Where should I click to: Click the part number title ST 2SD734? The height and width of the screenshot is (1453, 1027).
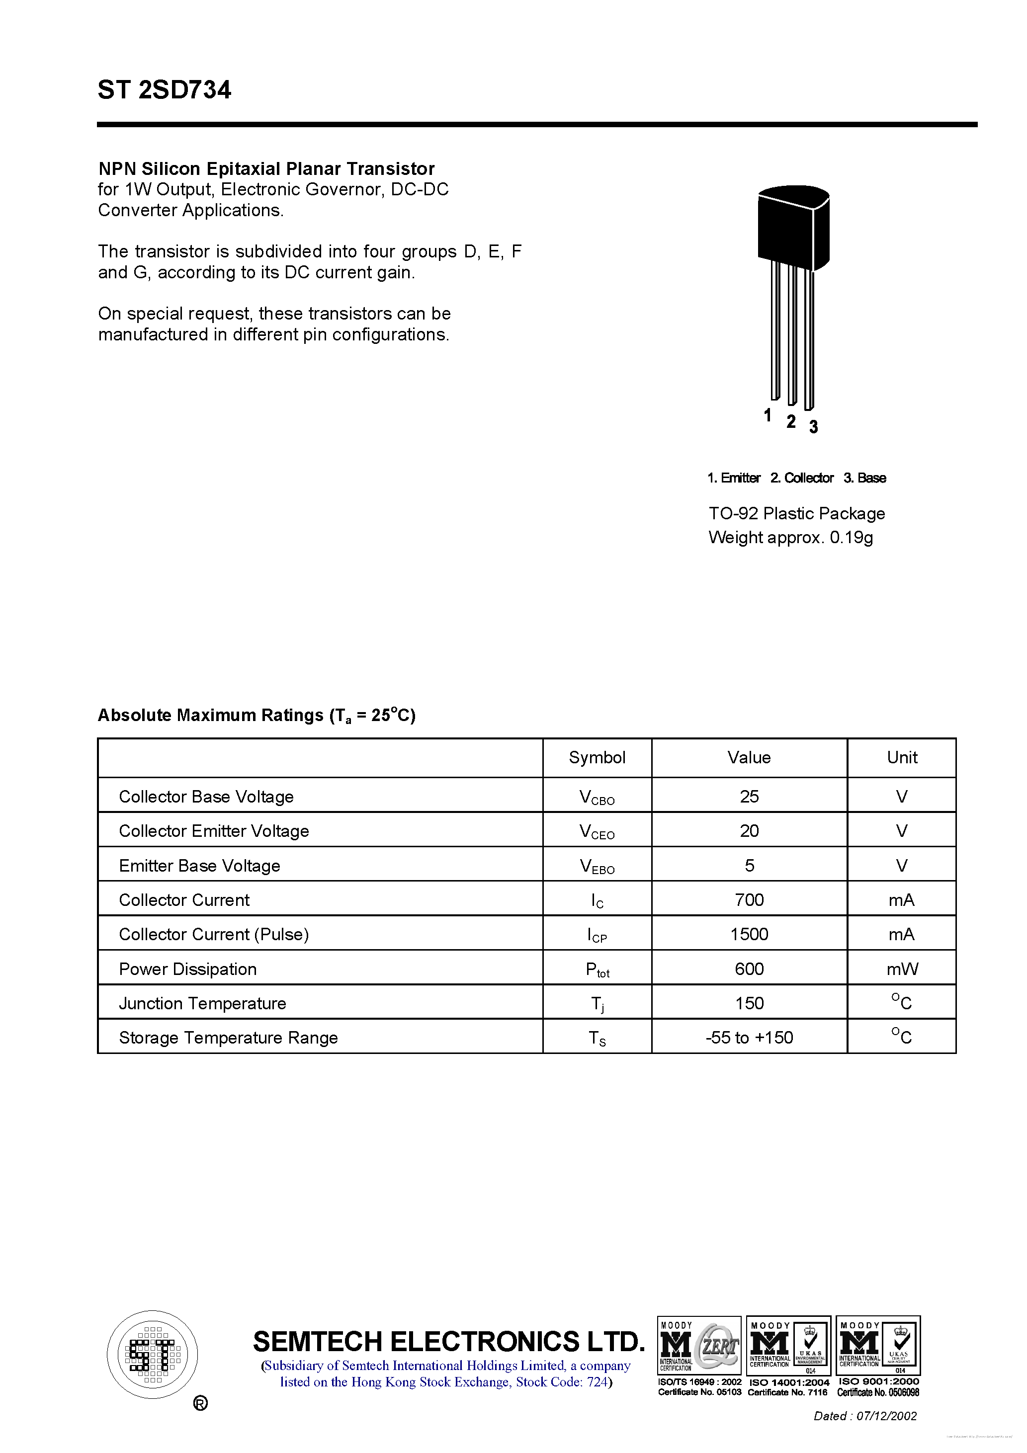[164, 90]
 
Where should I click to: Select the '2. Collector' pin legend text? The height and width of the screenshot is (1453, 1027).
[802, 478]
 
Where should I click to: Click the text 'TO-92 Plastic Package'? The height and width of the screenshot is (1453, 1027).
[796, 513]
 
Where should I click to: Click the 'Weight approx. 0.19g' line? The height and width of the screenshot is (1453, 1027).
[790, 537]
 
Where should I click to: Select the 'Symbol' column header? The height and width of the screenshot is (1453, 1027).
[597, 757]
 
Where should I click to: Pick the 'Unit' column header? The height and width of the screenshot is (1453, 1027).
[902, 757]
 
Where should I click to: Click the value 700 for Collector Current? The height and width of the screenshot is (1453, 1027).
[749, 899]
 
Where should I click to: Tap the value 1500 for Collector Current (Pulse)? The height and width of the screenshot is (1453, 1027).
[749, 934]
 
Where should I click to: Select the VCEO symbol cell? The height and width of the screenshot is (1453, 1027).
[597, 831]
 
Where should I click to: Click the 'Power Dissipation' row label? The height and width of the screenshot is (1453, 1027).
[187, 969]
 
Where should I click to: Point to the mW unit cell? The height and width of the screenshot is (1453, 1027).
[902, 969]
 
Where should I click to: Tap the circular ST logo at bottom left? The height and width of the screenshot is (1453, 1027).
[153, 1355]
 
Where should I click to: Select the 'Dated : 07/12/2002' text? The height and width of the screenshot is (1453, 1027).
[865, 1416]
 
